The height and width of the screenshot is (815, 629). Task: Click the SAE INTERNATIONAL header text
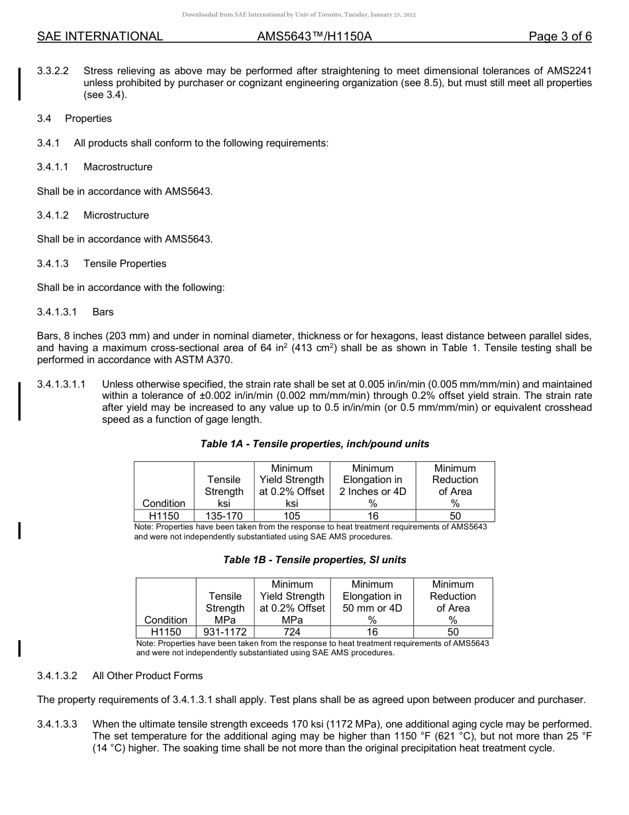click(100, 36)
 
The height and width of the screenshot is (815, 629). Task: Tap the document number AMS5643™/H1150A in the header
click(314, 36)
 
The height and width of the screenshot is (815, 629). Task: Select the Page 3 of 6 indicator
click(560, 36)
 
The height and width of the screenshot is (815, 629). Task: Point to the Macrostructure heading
click(118, 167)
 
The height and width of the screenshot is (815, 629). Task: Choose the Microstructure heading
click(116, 215)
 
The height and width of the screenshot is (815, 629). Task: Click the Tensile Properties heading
click(124, 264)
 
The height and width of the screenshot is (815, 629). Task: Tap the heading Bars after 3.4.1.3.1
click(103, 311)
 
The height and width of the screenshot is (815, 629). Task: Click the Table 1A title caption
click(314, 444)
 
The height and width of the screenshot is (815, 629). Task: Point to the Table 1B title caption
click(314, 560)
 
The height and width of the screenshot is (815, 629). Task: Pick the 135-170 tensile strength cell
click(224, 516)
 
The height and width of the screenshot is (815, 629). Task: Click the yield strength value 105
click(291, 516)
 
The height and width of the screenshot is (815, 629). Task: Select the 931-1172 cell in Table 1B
click(225, 632)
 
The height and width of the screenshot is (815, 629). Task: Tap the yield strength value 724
click(292, 632)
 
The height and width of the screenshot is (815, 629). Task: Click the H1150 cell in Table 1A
click(164, 516)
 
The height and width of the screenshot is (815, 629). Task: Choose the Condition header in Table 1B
click(166, 620)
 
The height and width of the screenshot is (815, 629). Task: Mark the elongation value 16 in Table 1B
click(372, 632)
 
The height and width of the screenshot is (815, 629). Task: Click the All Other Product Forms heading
click(148, 676)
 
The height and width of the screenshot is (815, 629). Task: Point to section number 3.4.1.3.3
click(58, 724)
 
